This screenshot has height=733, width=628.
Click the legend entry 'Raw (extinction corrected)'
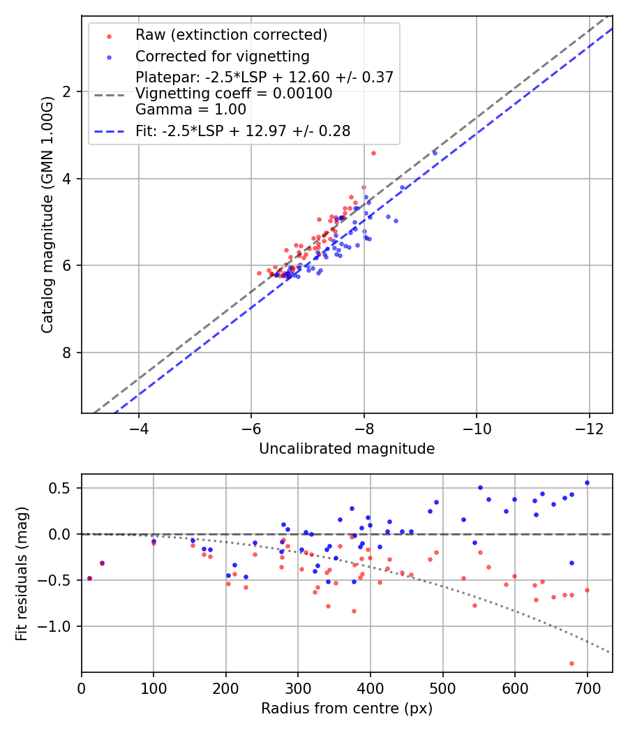coord(231,35)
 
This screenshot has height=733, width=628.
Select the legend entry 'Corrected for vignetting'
coord(222,56)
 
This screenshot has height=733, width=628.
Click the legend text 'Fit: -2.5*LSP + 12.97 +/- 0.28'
coord(243,131)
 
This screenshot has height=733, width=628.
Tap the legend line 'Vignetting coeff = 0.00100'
coord(234,94)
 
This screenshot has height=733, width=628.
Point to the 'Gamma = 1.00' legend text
coord(190,110)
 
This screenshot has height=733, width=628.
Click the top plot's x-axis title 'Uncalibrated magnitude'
coord(347,449)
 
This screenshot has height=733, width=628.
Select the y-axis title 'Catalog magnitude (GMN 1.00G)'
coord(47,214)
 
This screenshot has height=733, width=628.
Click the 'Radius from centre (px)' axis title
coord(347,709)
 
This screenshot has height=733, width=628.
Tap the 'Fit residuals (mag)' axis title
coord(22,573)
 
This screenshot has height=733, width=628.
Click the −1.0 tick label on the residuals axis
coord(58,626)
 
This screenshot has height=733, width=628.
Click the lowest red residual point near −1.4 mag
coord(571,663)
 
